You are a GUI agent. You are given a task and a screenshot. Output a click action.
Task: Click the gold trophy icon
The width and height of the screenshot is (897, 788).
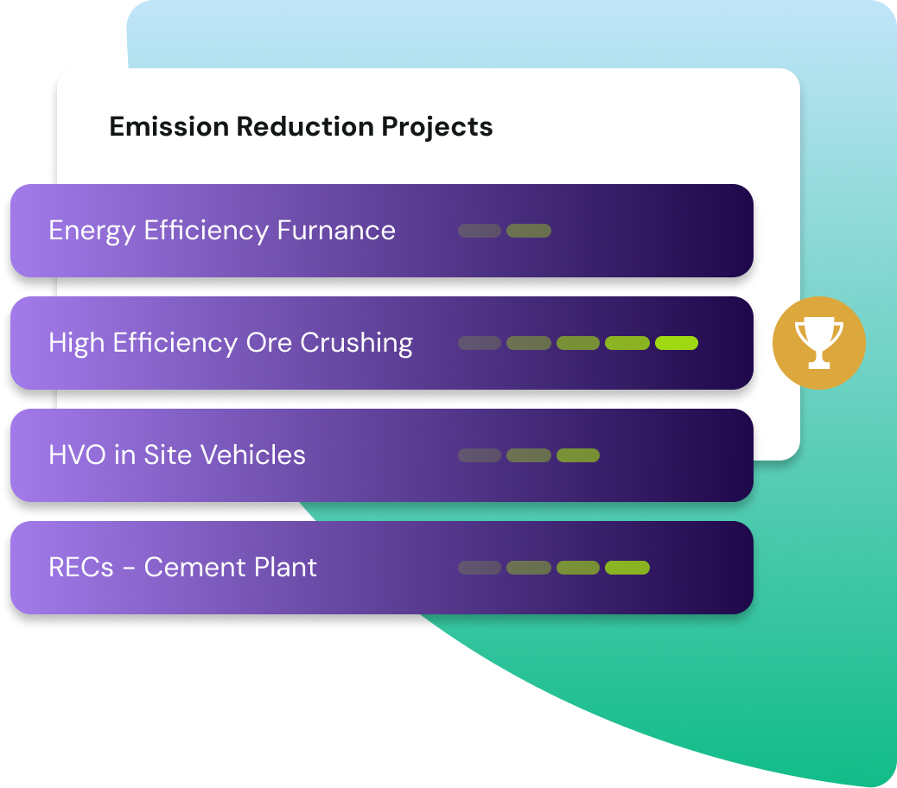818,342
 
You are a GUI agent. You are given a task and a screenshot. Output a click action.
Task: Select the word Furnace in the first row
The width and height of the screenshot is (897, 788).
336,231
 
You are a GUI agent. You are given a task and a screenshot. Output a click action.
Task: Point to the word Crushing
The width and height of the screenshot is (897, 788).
356,343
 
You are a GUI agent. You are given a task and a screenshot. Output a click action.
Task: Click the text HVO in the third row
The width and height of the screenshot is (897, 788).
78,455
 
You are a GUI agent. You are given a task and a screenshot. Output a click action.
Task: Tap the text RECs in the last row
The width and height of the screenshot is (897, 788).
80,568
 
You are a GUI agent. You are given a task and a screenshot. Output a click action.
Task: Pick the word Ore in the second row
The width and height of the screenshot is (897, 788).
268,343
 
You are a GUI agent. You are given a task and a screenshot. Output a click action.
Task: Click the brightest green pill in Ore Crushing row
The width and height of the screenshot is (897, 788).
677,343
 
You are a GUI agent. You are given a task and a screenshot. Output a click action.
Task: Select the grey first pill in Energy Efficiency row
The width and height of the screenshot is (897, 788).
480,231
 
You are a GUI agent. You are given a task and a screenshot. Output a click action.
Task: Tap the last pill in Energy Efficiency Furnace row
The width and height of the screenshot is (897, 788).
529,231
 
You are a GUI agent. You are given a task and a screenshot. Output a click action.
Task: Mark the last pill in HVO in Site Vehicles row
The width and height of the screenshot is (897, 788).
578,455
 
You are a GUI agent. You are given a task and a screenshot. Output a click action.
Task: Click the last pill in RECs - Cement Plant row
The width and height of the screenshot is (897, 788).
627,568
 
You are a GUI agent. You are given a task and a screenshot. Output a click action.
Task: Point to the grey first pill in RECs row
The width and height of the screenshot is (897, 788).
480,568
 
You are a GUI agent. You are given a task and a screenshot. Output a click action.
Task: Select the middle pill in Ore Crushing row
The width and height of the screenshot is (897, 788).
578,343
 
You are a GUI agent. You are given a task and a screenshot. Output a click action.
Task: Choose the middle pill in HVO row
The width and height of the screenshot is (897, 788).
529,455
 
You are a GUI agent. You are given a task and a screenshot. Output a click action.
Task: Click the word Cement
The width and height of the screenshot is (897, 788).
190,568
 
